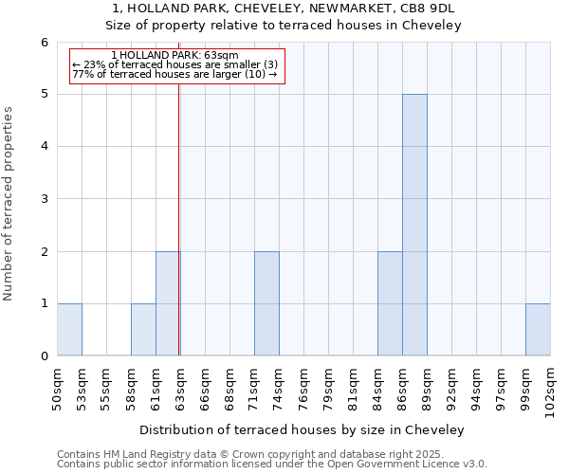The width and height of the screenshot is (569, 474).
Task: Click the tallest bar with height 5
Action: [x=414, y=225]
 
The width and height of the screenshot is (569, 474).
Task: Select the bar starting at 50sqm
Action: [x=69, y=329]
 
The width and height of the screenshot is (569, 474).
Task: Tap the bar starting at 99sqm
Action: [x=538, y=329]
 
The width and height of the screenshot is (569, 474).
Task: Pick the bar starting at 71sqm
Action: [x=266, y=303]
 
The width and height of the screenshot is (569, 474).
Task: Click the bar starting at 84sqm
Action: [x=390, y=303]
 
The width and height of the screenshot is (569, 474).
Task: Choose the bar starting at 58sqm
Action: [x=143, y=329]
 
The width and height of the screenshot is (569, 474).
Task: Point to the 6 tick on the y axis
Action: [x=44, y=42]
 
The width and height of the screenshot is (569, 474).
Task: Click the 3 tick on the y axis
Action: [x=44, y=199]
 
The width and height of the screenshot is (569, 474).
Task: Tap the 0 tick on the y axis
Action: [x=44, y=355]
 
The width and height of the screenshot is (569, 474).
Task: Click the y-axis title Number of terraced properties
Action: [x=9, y=203]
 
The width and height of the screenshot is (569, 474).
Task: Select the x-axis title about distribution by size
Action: [x=303, y=429]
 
